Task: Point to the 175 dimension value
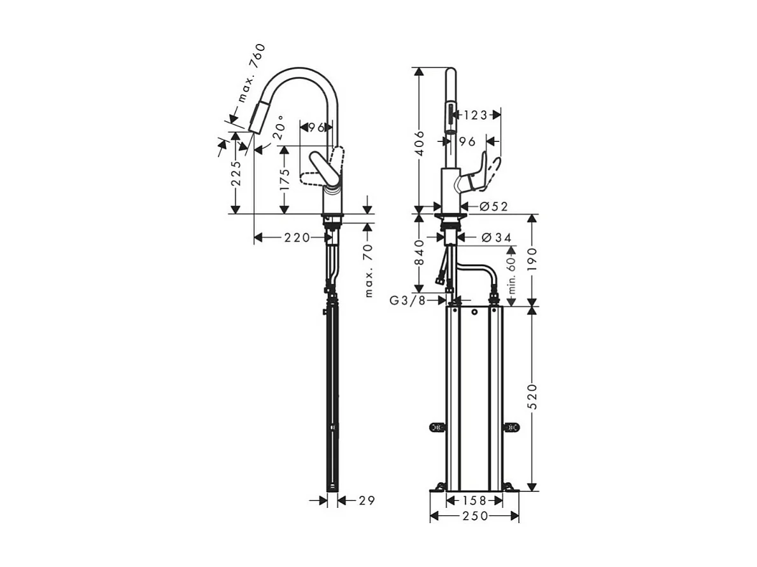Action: pos(285,180)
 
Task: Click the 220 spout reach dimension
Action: pos(296,238)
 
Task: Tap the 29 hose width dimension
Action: pos(365,501)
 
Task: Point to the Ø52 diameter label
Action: pos(494,206)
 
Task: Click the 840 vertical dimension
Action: pos(419,253)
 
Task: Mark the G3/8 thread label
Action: pos(407,300)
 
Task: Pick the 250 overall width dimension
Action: pos(474,516)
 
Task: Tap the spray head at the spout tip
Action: pos(258,116)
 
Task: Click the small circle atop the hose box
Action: pos(474,313)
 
